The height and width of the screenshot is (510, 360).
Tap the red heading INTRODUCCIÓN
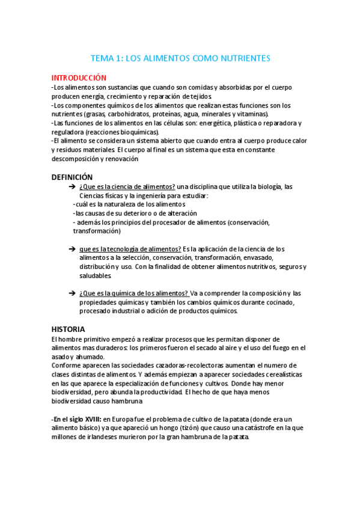pos(79,78)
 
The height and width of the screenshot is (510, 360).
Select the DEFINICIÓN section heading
pos(72,177)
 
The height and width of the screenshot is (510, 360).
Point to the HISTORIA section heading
pos(69,329)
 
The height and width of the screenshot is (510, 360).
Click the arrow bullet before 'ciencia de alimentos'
pos(72,187)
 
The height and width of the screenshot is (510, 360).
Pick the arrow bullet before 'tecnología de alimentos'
pos(72,249)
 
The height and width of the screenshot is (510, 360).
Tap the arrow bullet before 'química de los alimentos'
pos(72,293)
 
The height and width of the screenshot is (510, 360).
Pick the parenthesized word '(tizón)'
pos(165,428)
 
